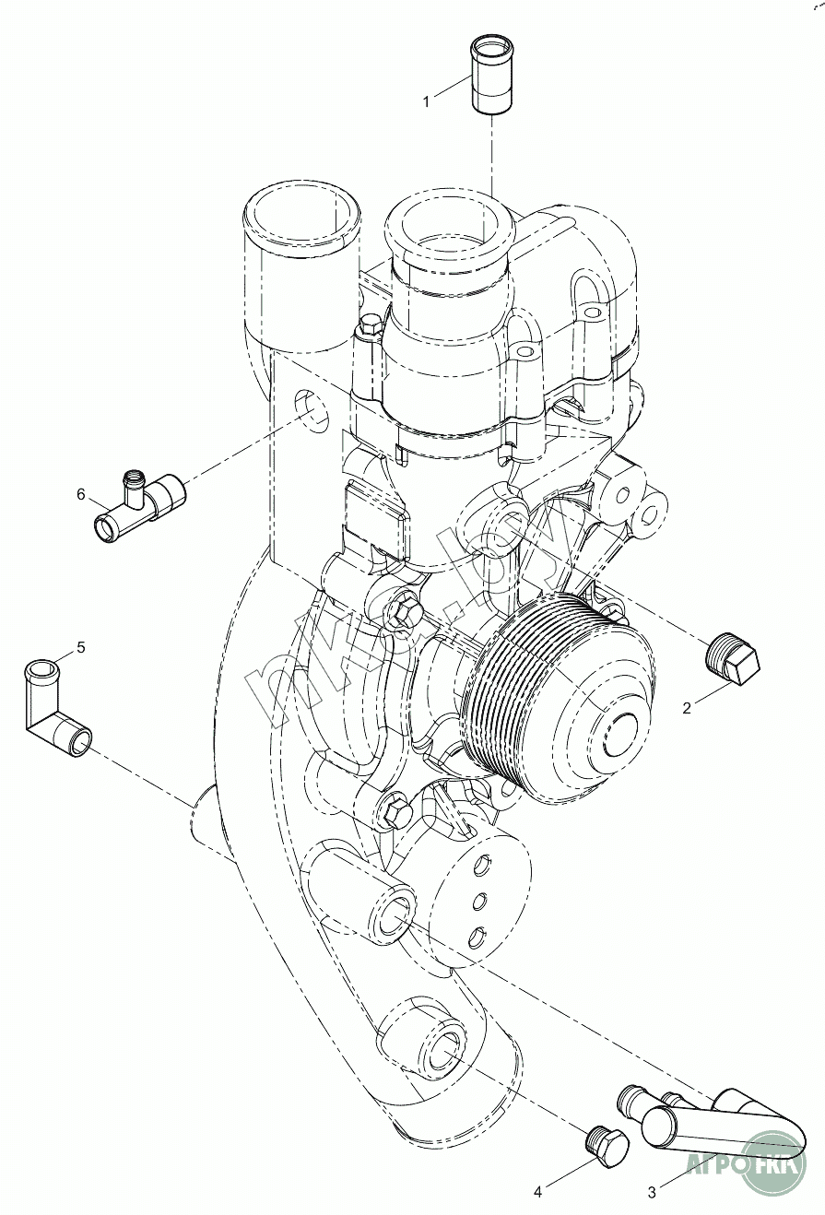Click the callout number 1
pyautogui.click(x=426, y=101)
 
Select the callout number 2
pyautogui.click(x=687, y=708)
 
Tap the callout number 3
pyautogui.click(x=652, y=1192)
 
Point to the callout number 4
pyautogui.click(x=537, y=1192)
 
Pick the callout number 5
pyautogui.click(x=80, y=647)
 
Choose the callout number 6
pyautogui.click(x=81, y=494)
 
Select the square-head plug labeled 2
pyautogui.click(x=733, y=659)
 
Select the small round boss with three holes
pyautogui.click(x=479, y=894)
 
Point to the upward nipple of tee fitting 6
pyautogui.click(x=135, y=480)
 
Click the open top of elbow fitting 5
pyautogui.click(x=40, y=667)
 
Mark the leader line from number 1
pyautogui.click(x=452, y=89)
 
